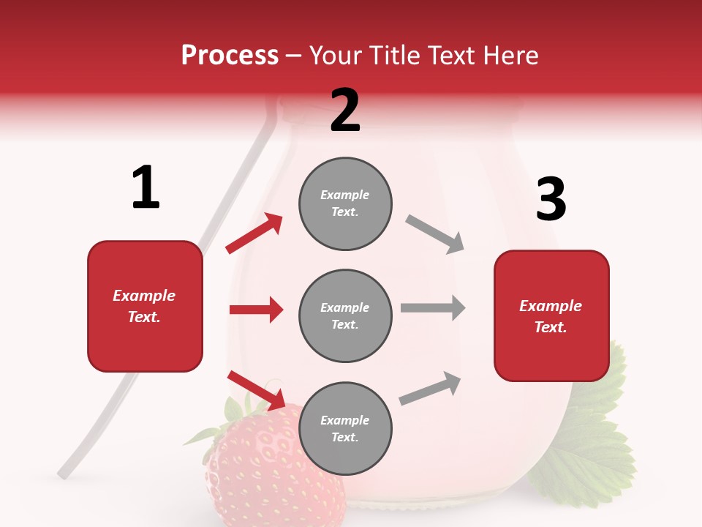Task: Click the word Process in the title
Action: click(x=230, y=56)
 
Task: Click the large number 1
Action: click(x=146, y=187)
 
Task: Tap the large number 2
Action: click(x=345, y=111)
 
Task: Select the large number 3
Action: click(x=551, y=199)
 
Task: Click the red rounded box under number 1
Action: click(x=145, y=306)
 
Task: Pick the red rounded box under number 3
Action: click(x=551, y=315)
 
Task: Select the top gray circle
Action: click(x=345, y=203)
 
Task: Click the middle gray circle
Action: click(x=345, y=315)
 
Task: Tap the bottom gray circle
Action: click(x=345, y=428)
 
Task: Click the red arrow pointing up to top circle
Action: click(x=254, y=233)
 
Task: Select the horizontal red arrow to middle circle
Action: click(x=256, y=310)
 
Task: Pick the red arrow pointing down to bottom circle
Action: click(x=256, y=390)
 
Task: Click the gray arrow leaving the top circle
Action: click(x=435, y=234)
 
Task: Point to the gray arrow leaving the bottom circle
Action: click(x=431, y=388)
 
